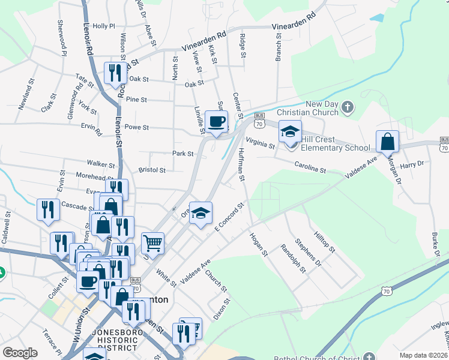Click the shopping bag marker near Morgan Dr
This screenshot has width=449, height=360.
[388, 142]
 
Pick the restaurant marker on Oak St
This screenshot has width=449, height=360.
[113, 73]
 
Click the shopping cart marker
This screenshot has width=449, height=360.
[153, 244]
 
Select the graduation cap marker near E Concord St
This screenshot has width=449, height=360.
[201, 213]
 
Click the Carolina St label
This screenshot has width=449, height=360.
[310, 166]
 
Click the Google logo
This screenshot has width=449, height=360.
[20, 353]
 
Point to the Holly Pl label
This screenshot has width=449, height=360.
[103, 26]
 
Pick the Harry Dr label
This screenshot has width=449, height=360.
[412, 164]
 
